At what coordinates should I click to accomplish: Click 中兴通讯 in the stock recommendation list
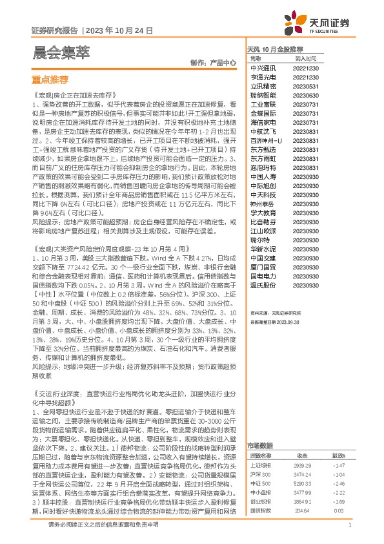263,68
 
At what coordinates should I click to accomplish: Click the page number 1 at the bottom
349,525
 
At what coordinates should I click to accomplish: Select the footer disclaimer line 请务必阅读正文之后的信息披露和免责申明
103,525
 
